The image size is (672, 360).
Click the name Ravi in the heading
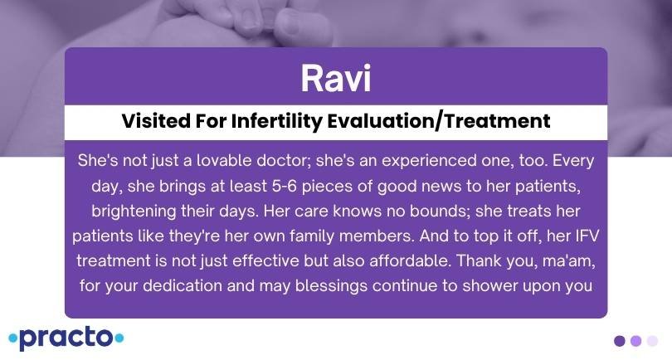tap(335, 79)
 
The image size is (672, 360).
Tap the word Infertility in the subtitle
tap(276, 121)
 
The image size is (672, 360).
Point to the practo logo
tap(66, 338)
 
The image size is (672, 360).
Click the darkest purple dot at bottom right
tap(619, 341)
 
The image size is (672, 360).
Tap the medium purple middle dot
tap(636, 341)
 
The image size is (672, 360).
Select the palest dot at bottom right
tap(652, 341)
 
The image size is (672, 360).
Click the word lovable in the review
tap(224, 161)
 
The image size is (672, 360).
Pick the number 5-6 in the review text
tap(284, 186)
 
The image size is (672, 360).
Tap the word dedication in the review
tap(182, 286)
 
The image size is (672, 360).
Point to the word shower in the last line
tap(490, 286)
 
